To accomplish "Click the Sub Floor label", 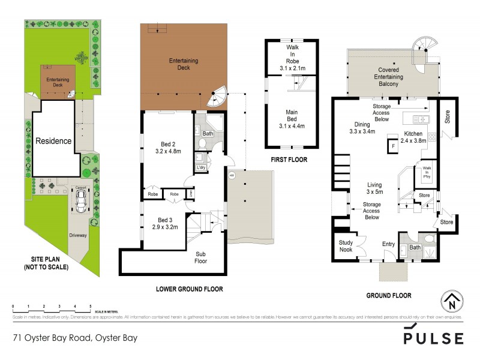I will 200,257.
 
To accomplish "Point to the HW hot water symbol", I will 232,176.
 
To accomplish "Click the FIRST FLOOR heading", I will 289,160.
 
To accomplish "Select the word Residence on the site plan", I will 53,141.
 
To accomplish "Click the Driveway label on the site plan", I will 78,236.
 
